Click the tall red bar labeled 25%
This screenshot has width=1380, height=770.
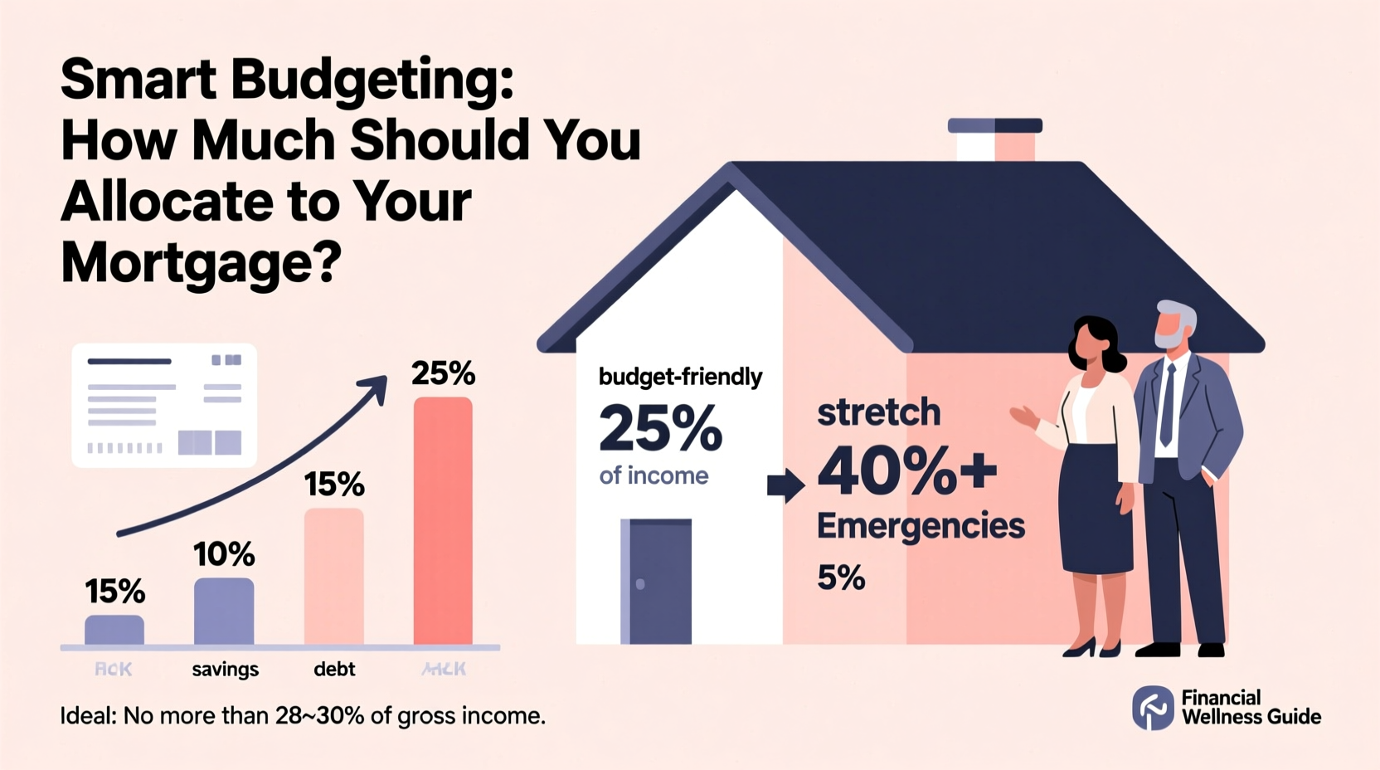coord(443,521)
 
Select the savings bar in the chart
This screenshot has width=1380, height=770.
coord(224,612)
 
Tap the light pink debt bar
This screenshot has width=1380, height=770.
coord(334,576)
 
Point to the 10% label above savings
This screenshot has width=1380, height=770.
coord(224,554)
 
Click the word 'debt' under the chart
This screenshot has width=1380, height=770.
coord(334,669)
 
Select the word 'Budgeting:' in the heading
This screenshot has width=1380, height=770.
coord(372,80)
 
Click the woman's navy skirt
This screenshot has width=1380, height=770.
coord(1096,508)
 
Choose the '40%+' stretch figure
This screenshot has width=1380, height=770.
coord(906,470)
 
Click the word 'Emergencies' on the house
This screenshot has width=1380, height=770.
coord(921,526)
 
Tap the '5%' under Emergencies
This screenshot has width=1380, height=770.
coord(840,577)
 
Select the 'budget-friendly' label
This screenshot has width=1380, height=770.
coord(680,377)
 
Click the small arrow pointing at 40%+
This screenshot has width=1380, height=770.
coord(785,485)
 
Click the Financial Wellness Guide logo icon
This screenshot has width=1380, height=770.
coord(1153,707)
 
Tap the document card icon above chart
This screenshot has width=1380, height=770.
coord(164,406)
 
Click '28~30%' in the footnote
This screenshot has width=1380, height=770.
coord(320,715)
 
